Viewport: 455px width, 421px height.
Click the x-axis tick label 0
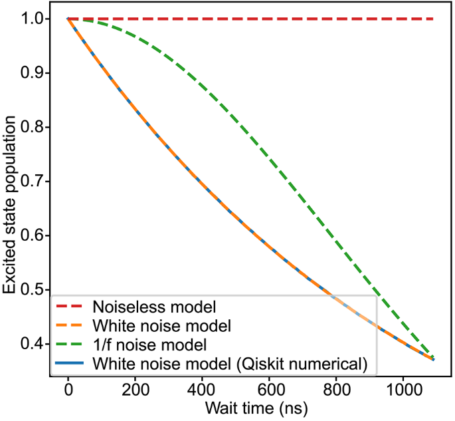tap(68, 390)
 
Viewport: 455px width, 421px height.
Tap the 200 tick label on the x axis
tap(135, 390)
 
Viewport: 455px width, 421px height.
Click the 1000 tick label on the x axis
tap(403, 390)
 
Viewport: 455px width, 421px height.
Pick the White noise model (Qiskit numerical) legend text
tap(232, 364)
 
